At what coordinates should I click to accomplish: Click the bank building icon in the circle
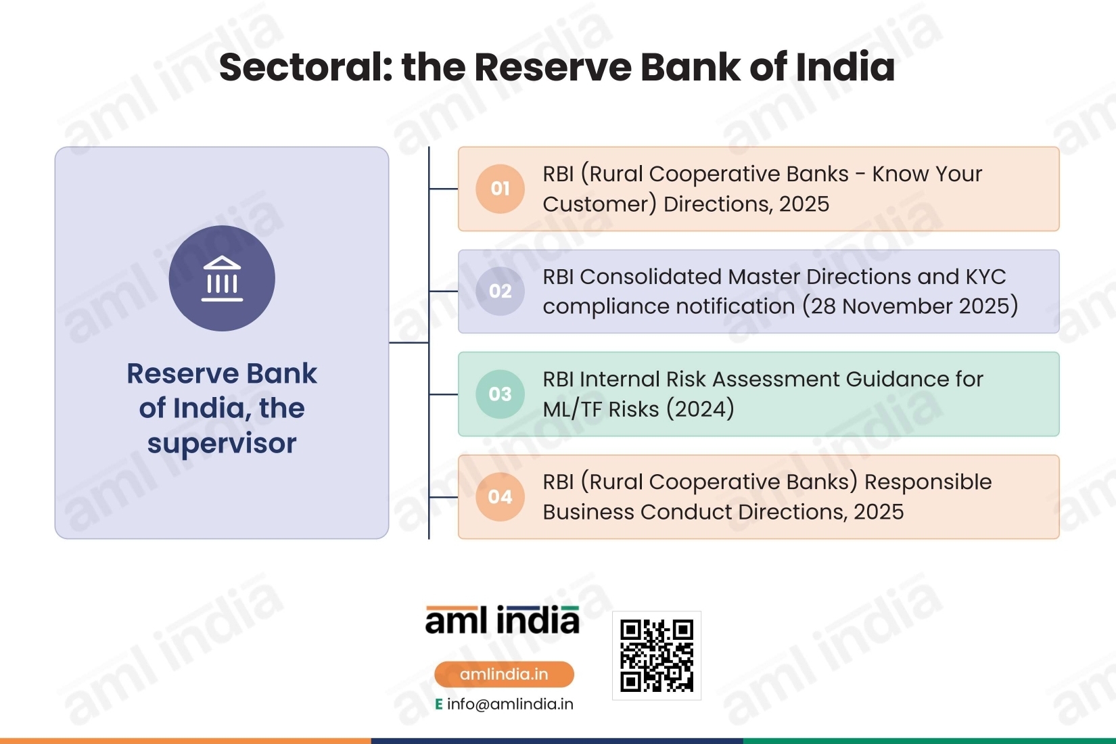(222, 279)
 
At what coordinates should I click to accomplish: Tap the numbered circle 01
(500, 189)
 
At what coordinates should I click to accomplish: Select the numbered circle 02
(500, 291)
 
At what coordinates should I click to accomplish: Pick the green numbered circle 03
(500, 394)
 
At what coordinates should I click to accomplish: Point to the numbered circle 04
(500, 497)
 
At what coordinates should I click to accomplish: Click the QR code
(656, 655)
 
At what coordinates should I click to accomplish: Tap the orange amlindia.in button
(504, 674)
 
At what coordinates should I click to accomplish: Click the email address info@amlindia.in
(510, 704)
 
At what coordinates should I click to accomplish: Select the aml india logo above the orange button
(502, 620)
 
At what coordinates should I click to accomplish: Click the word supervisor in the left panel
(222, 444)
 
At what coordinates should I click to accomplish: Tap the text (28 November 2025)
(910, 306)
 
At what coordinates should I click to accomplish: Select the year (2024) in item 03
(700, 409)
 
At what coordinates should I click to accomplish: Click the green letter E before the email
(438, 704)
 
